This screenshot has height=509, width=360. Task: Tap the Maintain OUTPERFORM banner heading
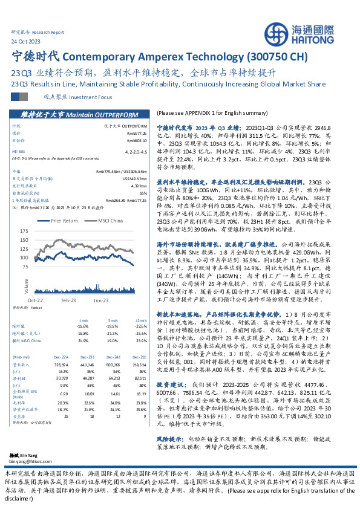pos(77,113)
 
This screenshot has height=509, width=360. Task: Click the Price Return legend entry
pos(65,221)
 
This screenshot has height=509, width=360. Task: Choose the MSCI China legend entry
pos(108,221)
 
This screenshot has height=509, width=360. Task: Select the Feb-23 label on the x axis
pos(68,300)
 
